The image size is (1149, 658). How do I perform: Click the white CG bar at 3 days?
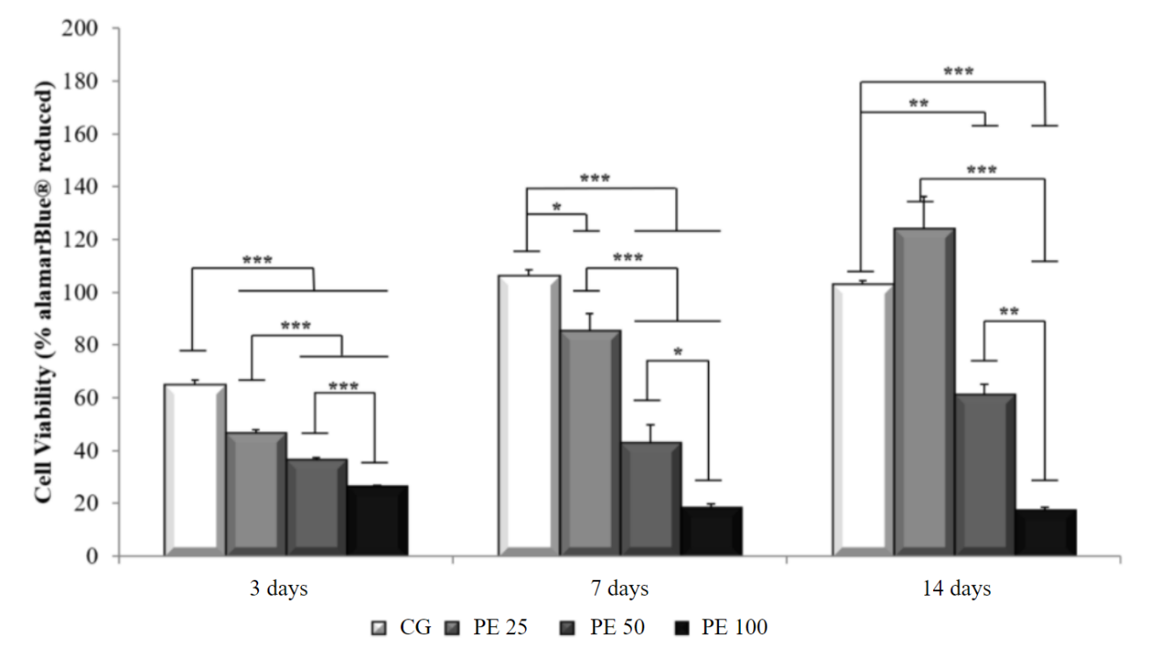[x=194, y=469]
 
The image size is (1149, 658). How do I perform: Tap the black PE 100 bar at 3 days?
[x=377, y=520]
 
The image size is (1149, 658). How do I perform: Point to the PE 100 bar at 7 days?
[x=710, y=531]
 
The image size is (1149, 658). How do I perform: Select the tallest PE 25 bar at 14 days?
[x=923, y=391]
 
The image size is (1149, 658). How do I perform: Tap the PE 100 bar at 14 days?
[x=1045, y=532]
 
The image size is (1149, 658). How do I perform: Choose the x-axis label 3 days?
[x=279, y=589]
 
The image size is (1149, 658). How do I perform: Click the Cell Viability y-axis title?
[x=44, y=290]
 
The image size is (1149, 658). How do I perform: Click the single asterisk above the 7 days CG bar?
[x=556, y=208]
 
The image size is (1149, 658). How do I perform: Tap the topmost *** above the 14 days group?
[x=958, y=72]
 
